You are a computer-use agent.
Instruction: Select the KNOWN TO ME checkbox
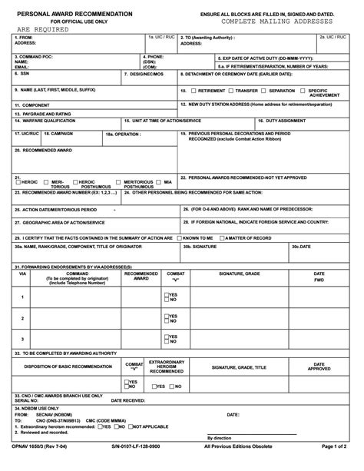(x=179, y=238)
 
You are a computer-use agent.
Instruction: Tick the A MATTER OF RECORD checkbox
(x=222, y=238)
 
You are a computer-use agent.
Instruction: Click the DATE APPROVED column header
(x=319, y=366)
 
